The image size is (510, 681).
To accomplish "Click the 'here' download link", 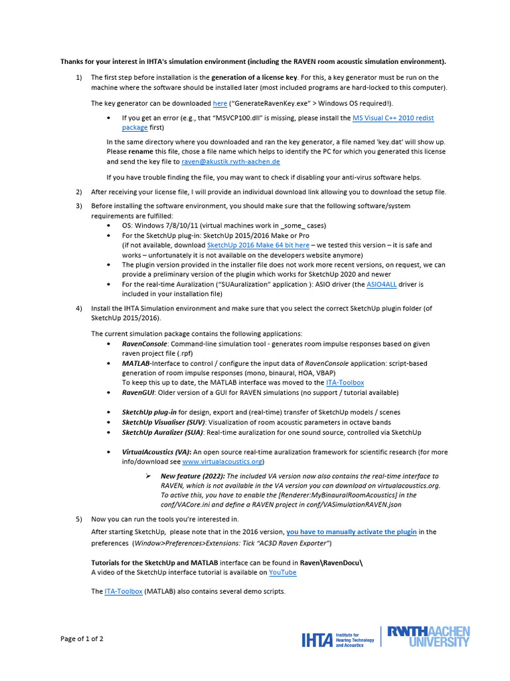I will pos(220,103).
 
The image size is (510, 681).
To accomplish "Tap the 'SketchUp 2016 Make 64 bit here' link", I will pos(258,245).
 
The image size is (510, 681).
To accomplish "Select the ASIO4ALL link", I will pos(381,284).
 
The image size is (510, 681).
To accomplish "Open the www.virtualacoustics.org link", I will pos(222,461).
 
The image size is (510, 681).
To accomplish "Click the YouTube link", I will pos(283,572).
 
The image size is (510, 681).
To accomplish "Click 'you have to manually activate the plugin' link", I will pos(351,532).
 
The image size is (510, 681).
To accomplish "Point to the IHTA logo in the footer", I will pos(337,640).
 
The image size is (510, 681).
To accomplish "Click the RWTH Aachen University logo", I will pos(428,636).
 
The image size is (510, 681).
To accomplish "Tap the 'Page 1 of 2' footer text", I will pos(82,639).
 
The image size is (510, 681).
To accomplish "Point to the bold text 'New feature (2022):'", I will pos(193,476).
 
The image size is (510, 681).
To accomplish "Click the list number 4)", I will pos(79,308).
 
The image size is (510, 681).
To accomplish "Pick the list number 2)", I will pos(79,192).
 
